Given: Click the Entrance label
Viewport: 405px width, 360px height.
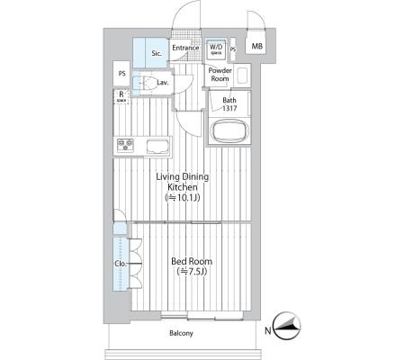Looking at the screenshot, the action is [x=185, y=48].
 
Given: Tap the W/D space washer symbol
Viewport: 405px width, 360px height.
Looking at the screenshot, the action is [x=216, y=49].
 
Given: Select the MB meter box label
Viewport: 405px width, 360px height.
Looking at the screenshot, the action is [x=256, y=46].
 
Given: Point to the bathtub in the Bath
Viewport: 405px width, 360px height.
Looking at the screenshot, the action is [x=230, y=131].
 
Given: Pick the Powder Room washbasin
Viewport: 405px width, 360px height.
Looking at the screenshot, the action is [x=242, y=76].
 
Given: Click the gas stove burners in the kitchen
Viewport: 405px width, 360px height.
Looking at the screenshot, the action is [x=125, y=146].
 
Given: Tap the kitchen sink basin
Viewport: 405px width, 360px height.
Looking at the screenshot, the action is [x=157, y=147].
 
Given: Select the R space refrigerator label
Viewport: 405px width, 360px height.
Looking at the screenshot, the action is [x=121, y=96].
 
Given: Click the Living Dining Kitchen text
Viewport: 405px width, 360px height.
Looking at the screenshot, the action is [x=183, y=182].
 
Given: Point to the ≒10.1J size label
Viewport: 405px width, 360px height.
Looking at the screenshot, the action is [x=183, y=198].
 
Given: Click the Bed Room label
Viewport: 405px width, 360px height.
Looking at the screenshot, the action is [x=192, y=261].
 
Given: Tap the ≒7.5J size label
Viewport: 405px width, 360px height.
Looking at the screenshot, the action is [x=192, y=272].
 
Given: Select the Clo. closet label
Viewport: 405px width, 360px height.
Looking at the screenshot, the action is [x=121, y=264].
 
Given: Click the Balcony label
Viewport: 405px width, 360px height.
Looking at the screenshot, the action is [x=181, y=333].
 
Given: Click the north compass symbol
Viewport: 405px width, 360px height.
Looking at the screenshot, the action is [x=288, y=326].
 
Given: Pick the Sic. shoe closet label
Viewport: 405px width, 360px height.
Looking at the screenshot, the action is [x=157, y=53].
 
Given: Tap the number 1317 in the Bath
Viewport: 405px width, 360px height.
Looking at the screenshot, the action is [x=229, y=108].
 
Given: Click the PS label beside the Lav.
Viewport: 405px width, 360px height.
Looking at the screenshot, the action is [x=121, y=74].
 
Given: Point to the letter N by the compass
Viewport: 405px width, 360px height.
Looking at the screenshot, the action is [x=268, y=331].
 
